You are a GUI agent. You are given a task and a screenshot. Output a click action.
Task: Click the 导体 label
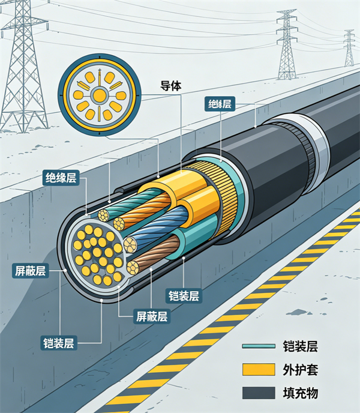(x=171, y=86)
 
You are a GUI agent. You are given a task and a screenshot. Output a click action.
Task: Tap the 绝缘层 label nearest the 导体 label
(x=220, y=104)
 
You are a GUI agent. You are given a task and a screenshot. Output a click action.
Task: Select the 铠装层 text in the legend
(x=300, y=346)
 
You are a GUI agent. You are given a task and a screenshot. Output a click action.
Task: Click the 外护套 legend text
(x=300, y=370)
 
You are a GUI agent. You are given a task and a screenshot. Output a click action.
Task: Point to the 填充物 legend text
(x=300, y=393)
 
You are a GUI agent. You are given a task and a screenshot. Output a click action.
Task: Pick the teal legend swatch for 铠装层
(x=259, y=346)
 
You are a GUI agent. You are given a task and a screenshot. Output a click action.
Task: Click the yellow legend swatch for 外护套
(x=259, y=369)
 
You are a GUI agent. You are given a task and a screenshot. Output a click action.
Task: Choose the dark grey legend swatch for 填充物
(x=259, y=393)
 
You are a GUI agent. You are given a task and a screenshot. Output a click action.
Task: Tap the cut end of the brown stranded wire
(x=133, y=268)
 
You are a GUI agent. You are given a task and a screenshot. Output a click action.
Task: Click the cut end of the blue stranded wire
(x=130, y=245)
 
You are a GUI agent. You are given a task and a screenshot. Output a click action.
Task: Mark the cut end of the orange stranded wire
(x=119, y=224)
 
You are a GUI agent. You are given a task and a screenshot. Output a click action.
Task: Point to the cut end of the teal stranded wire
(x=103, y=216)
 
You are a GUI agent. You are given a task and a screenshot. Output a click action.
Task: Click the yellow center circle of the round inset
(x=99, y=95)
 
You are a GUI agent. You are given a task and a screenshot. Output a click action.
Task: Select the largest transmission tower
(x=23, y=68)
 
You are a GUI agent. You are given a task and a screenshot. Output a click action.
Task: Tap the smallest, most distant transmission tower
(x=349, y=49)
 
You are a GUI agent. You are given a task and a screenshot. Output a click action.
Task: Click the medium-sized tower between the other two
(x=286, y=45)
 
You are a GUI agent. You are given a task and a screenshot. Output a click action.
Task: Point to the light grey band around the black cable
(x=316, y=143)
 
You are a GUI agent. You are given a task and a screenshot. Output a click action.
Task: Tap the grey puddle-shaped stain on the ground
(x=299, y=313)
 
